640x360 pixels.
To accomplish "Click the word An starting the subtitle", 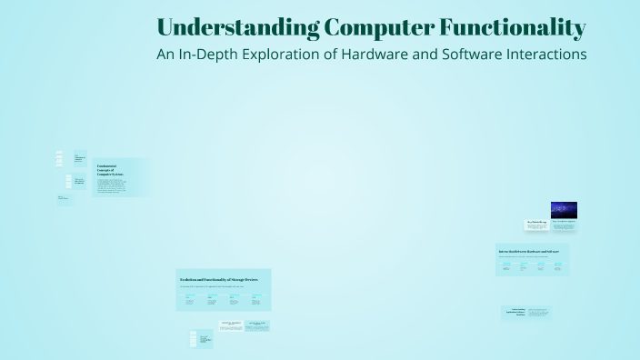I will coord(165,54).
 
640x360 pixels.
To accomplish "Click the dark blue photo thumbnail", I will coord(564,210).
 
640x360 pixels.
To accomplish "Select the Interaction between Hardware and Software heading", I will coord(533,250).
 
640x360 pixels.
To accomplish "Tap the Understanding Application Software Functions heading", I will coord(514,313).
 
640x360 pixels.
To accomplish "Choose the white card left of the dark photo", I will coord(537,224).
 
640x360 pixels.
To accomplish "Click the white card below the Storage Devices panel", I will coord(230,325).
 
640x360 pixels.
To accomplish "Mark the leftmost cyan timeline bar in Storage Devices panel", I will coord(191,295).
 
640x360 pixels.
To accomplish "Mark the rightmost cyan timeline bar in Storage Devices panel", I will coord(257,295).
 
